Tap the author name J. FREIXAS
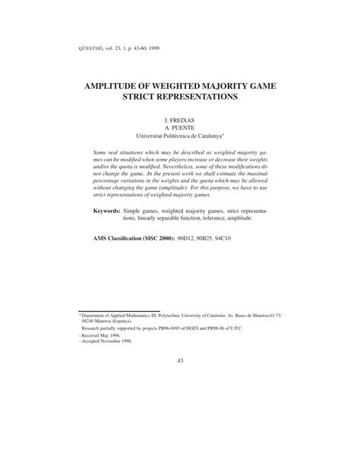pyautogui.click(x=180, y=121)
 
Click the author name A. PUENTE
pyautogui.click(x=180, y=128)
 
